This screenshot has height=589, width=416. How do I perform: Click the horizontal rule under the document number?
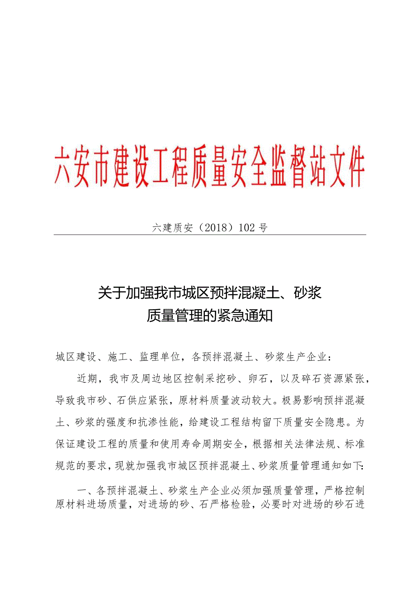pos(210,235)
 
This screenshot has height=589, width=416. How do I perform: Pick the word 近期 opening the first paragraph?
pos(86,379)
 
